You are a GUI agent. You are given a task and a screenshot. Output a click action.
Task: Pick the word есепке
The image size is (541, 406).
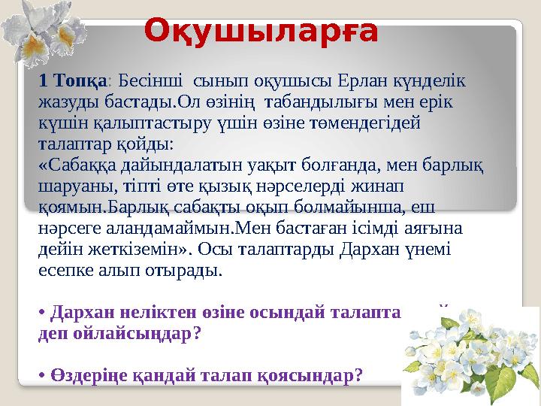click(65, 269)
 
